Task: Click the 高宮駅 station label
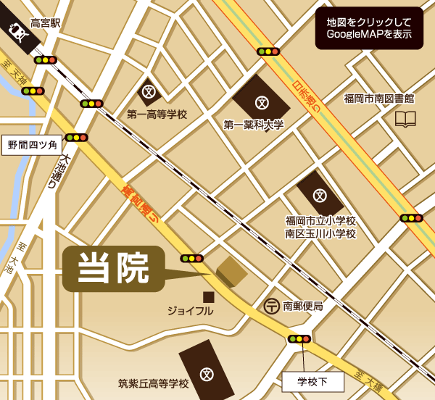point(46,23)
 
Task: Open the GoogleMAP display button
point(369,29)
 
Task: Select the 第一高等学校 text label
point(157,114)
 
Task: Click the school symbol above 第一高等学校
point(149,92)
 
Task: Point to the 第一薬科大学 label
point(254,125)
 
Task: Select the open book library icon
point(405,119)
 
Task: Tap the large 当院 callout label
point(113,268)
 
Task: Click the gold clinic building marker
point(231,270)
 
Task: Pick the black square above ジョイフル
point(208,296)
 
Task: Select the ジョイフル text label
point(190,311)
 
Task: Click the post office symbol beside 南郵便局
point(272,306)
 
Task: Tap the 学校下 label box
point(313,380)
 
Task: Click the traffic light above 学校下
point(299,338)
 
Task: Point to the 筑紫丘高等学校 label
point(153,383)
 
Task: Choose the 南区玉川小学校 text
point(320,233)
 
